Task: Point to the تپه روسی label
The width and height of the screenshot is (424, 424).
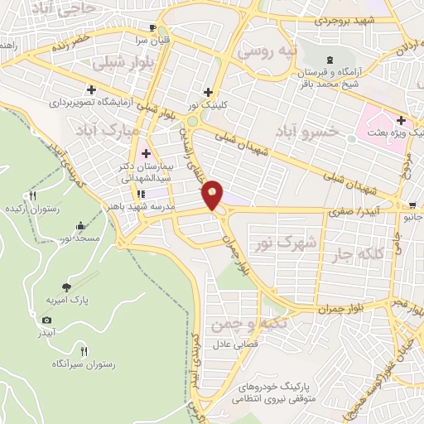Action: (267, 51)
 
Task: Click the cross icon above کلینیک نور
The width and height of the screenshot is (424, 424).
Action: (207, 92)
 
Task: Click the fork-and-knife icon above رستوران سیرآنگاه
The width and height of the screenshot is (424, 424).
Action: (84, 350)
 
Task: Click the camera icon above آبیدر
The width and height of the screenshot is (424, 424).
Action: (46, 320)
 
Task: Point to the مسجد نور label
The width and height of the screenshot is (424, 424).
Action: (79, 238)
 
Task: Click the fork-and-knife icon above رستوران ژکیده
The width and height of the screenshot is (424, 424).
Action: (32, 196)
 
